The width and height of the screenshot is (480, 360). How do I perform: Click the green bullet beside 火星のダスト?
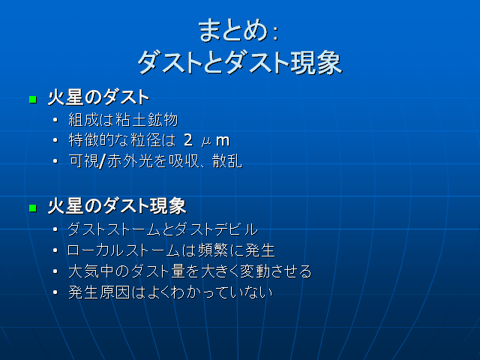click(32, 99)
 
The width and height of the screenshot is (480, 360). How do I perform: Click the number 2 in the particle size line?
click(188, 140)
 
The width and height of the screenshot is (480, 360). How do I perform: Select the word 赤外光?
click(125, 161)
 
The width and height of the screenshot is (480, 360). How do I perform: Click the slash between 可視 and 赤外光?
click(103, 161)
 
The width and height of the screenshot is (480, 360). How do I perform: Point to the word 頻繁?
click(197, 250)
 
